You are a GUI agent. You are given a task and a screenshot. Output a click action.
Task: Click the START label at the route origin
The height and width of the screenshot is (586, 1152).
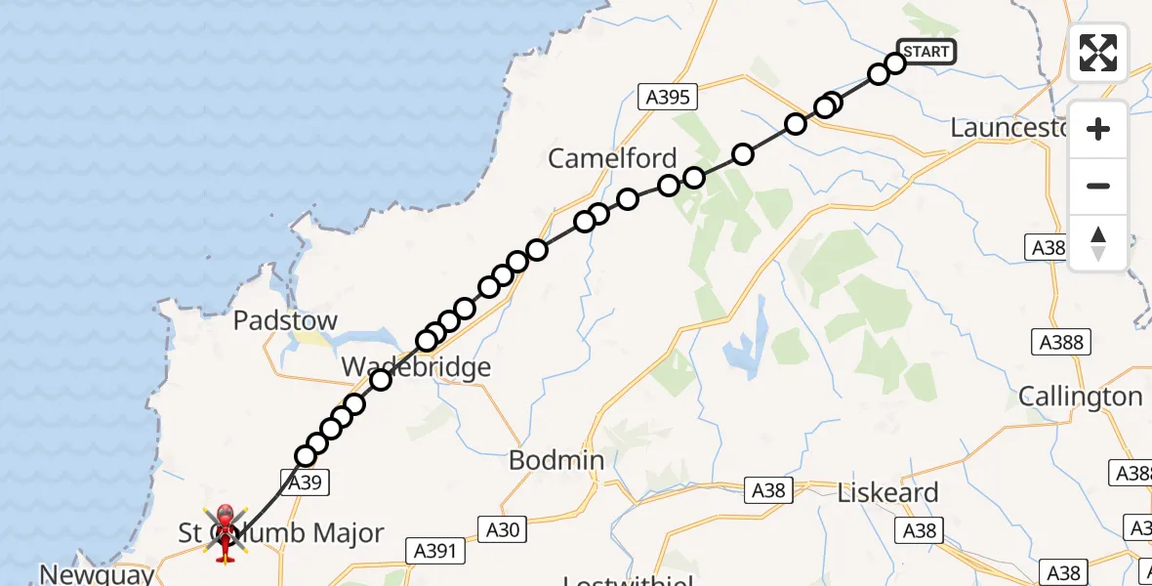(x=926, y=52)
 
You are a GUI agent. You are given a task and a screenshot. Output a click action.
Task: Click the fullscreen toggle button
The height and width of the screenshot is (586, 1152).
(x=1098, y=53)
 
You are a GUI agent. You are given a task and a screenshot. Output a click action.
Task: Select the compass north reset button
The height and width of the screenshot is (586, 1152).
(x=1098, y=243)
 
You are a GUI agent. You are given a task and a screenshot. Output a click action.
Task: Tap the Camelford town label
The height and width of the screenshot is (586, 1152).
(x=612, y=158)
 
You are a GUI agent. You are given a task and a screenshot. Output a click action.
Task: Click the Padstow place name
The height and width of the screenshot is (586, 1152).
(x=285, y=320)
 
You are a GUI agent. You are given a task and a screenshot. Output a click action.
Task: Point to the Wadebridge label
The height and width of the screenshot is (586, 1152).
(x=416, y=367)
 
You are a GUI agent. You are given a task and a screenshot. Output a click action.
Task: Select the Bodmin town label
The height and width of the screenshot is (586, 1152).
(x=556, y=460)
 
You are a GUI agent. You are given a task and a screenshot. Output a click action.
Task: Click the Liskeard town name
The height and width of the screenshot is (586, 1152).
(x=887, y=492)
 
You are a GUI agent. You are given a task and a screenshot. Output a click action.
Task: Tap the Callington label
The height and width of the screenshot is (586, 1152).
(x=1080, y=397)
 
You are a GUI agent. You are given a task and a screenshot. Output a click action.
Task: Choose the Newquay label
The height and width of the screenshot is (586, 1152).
(x=97, y=573)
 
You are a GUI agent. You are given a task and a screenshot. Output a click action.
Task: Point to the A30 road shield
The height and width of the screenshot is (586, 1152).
(x=505, y=529)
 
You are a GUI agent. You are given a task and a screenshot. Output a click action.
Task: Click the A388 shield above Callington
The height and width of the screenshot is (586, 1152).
(x=1060, y=342)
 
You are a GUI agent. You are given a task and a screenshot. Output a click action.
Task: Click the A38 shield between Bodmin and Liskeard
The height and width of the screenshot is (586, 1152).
(x=768, y=490)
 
